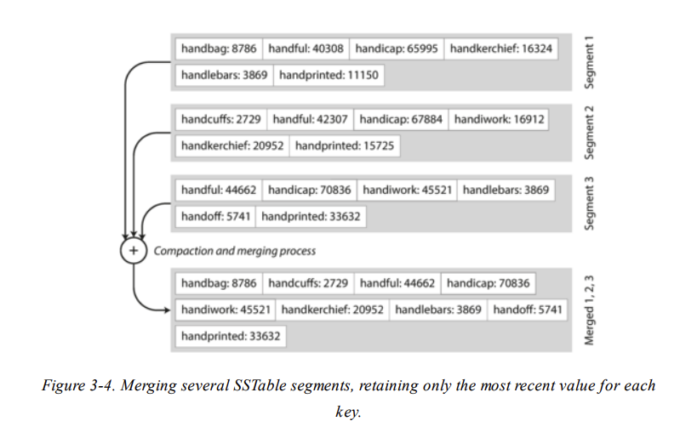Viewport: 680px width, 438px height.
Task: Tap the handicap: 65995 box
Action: pos(397,48)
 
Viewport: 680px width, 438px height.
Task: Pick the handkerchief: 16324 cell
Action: pos(500,48)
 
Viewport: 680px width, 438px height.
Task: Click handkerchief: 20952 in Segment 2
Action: pos(231,146)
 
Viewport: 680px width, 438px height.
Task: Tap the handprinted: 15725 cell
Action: pos(344,146)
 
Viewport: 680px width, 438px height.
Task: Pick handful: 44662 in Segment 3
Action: pos(218,191)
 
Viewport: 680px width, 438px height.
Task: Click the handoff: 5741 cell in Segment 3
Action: pos(215,217)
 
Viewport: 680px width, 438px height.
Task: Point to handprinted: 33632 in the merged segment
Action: pos(230,336)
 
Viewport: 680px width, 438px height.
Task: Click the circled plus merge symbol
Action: pos(134,251)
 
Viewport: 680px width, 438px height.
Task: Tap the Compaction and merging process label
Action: pos(234,251)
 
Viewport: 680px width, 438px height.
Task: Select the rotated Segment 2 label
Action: pos(588,133)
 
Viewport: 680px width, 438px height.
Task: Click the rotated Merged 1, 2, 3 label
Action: pos(588,310)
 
